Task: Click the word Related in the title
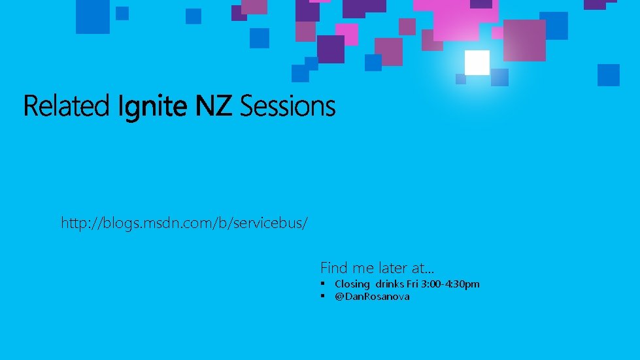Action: pos(66,105)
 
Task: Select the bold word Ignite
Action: pos(154,106)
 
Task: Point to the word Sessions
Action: pos(288,105)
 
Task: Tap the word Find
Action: pos(332,268)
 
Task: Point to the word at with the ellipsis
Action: pos(423,268)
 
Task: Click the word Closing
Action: pos(352,284)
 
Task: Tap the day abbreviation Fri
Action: pos(413,284)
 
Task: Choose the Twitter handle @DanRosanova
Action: pos(372,297)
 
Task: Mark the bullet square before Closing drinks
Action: pos(324,284)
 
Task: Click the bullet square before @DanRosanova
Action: pos(324,297)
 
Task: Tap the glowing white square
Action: pos(477,63)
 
